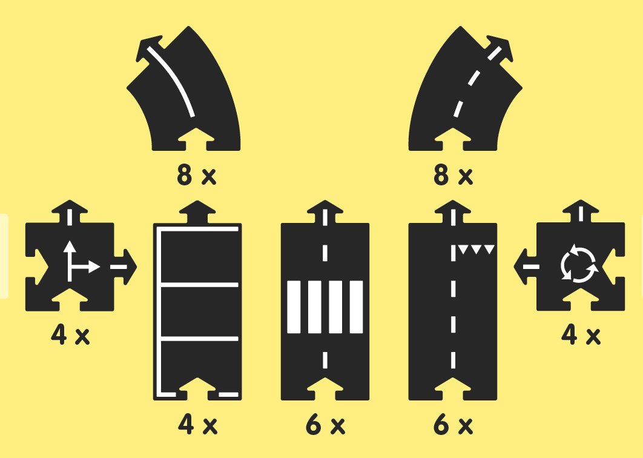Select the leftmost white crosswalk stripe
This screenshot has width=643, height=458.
(x=294, y=307)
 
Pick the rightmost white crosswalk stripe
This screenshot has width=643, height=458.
(x=357, y=307)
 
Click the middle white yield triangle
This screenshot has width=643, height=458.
(x=476, y=249)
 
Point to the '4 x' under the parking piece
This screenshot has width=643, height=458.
(x=197, y=425)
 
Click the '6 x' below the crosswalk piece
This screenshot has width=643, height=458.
(x=325, y=425)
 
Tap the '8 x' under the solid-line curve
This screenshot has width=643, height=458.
(x=196, y=175)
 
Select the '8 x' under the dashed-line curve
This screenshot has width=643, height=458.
(x=453, y=175)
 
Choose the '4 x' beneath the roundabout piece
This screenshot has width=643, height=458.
(x=581, y=335)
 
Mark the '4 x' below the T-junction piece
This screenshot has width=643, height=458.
(x=70, y=335)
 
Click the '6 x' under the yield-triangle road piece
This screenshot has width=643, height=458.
(x=453, y=425)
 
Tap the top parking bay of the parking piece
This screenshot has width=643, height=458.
(x=200, y=257)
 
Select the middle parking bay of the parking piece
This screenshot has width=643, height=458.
(x=200, y=312)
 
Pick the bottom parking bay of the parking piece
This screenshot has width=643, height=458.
(x=200, y=365)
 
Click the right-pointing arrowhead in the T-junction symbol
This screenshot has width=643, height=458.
(x=94, y=267)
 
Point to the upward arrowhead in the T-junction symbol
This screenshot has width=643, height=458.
(x=70, y=246)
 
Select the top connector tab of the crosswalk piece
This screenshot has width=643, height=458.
(x=325, y=212)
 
